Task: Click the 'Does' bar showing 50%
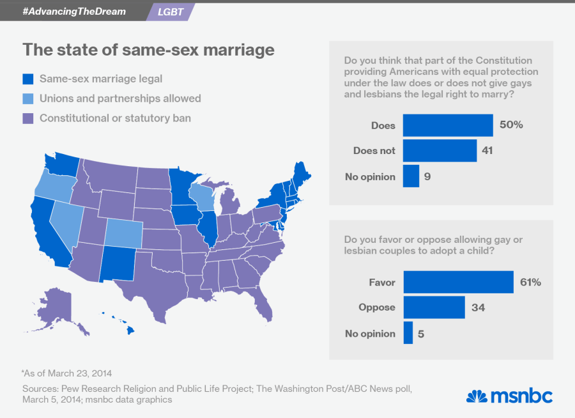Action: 448,125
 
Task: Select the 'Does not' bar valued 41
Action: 440,151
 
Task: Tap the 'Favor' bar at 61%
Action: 458,282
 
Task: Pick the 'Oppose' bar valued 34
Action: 434,307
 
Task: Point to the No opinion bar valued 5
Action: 408,333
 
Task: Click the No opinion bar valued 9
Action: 411,176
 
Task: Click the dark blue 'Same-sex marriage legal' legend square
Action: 27,79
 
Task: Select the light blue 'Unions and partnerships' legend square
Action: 27,98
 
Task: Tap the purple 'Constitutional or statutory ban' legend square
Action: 27,118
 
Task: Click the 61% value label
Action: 530,282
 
